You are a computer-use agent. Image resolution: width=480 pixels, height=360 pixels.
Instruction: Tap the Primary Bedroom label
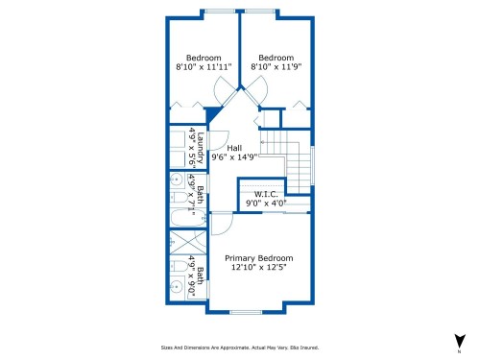click(258, 258)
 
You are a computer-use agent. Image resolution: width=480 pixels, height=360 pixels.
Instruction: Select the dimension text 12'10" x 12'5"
click(258, 268)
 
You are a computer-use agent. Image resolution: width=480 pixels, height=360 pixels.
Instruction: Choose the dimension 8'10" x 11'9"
click(276, 67)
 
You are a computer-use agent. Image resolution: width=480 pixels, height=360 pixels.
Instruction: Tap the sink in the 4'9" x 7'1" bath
click(177, 180)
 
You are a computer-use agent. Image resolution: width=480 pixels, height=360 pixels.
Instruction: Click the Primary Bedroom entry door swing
click(222, 223)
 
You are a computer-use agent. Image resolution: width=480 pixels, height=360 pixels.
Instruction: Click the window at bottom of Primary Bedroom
click(247, 312)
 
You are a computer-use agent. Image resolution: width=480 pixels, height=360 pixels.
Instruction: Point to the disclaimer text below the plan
click(239, 348)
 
